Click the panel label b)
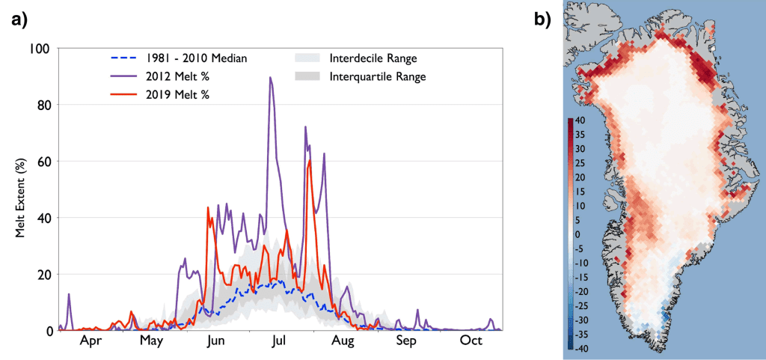click(x=541, y=20)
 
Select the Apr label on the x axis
click(x=90, y=342)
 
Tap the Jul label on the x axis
click(x=279, y=342)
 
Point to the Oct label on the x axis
click(x=471, y=342)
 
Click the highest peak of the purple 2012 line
click(x=269, y=78)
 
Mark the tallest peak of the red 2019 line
click(x=310, y=160)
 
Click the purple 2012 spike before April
click(x=69, y=294)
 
